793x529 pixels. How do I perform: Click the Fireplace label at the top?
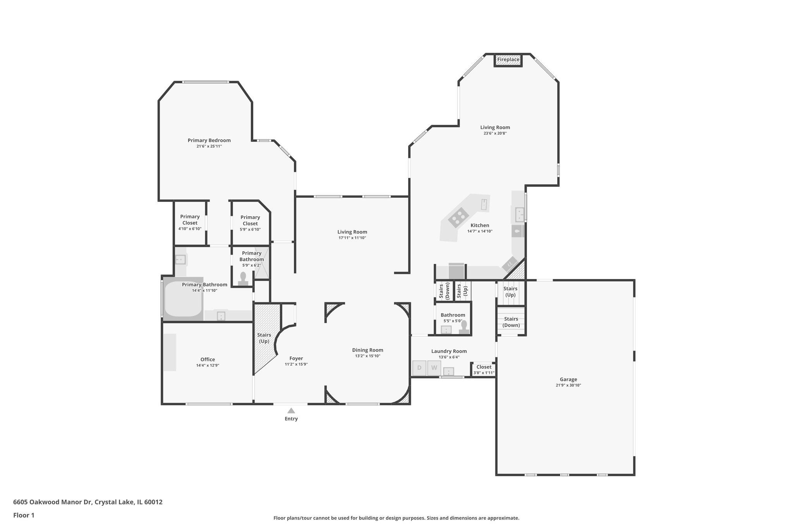(x=508, y=60)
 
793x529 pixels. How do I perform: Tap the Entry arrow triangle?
(x=291, y=410)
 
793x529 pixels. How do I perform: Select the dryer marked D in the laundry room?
(x=419, y=368)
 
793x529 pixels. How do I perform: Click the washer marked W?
(x=434, y=368)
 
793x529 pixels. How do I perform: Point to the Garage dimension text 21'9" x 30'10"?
(x=568, y=385)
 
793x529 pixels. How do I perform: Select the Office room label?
(x=208, y=359)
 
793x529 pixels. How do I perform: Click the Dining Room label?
(x=367, y=350)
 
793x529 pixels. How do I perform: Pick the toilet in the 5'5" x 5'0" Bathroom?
(x=464, y=327)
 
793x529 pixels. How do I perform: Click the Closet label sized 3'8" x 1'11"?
(x=484, y=367)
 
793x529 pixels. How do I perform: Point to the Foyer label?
(x=296, y=358)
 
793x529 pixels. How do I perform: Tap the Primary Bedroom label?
(x=209, y=140)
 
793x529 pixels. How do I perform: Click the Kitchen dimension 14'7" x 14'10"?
(x=480, y=231)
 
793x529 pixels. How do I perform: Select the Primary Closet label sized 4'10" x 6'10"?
(x=190, y=220)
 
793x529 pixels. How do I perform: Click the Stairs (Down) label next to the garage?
(x=511, y=322)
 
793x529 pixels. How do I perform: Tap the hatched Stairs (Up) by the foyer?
(x=264, y=338)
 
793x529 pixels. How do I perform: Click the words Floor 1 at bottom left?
(x=24, y=515)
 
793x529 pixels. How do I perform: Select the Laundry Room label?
(x=449, y=351)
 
